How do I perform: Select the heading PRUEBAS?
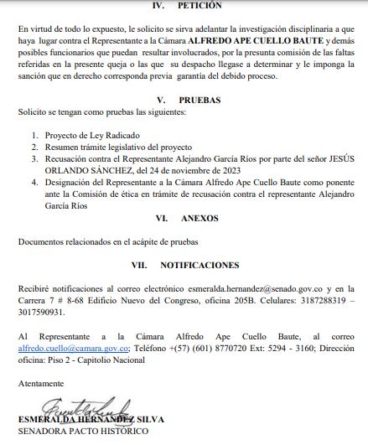199,99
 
